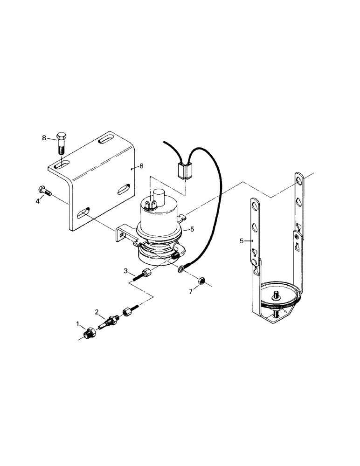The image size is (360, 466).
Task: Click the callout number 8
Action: [x=44, y=138]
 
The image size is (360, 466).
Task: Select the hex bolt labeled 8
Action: [x=61, y=142]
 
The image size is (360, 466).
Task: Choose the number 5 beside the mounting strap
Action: [x=242, y=241]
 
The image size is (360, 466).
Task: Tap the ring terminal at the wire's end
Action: [x=180, y=269]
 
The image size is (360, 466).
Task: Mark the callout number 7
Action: [x=191, y=291]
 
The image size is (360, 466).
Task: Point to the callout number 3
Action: [x=125, y=271]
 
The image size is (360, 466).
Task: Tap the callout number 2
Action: [x=97, y=311]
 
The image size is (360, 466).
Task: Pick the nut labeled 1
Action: [x=90, y=333]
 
